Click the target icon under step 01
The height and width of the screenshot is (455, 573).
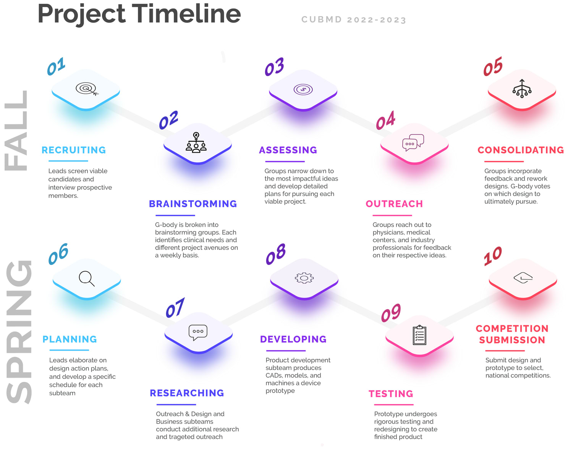click(87, 89)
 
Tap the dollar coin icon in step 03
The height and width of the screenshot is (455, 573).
click(303, 89)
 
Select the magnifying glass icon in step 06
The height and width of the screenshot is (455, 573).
click(87, 279)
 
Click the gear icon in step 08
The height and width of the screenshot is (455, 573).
click(304, 278)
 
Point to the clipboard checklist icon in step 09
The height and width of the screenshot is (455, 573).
click(419, 335)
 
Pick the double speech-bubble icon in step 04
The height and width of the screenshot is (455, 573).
click(413, 142)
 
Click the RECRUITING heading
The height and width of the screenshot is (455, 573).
click(74, 150)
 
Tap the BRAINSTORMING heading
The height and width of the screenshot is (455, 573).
click(193, 204)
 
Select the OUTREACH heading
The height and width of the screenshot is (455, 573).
click(394, 204)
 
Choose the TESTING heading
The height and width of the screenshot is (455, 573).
click(391, 394)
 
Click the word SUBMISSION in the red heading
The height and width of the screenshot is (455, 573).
click(512, 340)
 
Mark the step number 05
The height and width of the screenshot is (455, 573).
click(493, 67)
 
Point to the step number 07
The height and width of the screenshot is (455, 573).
click(175, 308)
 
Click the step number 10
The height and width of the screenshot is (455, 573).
click(492, 256)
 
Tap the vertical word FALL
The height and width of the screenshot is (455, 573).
click(16, 131)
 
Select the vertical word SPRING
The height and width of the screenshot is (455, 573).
click(19, 332)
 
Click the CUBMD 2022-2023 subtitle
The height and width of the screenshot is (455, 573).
click(354, 20)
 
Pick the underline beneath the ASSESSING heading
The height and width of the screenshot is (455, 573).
click(285, 161)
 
